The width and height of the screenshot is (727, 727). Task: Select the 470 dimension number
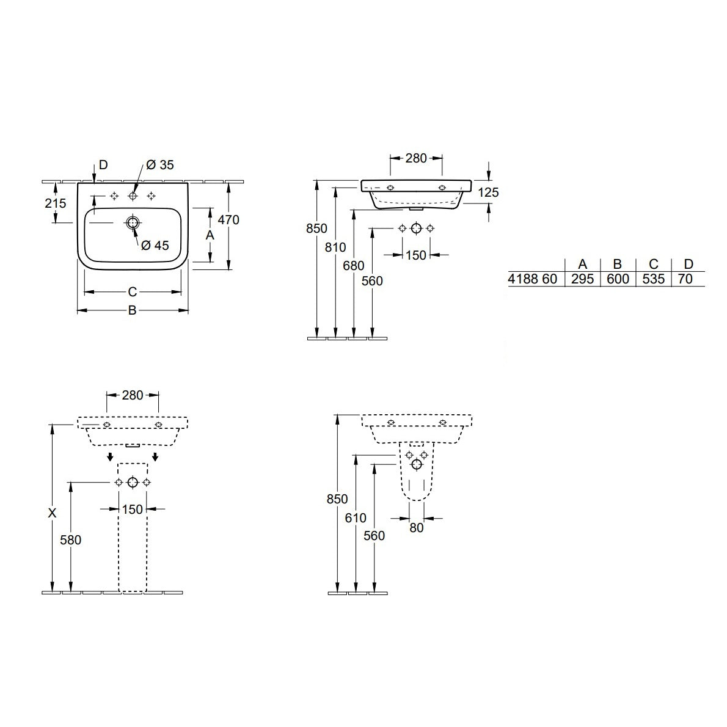(228, 219)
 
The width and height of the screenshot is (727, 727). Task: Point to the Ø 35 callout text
(159, 165)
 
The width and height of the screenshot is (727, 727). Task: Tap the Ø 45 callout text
(155, 245)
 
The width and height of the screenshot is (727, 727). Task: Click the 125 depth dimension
(488, 192)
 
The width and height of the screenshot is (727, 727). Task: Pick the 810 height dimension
(335, 247)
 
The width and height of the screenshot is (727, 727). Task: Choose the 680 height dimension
(354, 265)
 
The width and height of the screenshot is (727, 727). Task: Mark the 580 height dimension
(71, 539)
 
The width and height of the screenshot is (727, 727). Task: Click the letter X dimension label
(53, 513)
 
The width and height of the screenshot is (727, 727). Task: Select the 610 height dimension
(356, 518)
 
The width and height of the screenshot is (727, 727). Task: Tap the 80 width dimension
(416, 527)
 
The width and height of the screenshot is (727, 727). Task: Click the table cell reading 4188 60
(533, 279)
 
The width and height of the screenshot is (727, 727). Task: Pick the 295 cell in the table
(582, 279)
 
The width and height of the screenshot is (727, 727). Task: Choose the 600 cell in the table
(617, 279)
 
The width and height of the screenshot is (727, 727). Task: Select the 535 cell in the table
(653, 279)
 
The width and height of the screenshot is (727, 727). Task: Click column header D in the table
(689, 264)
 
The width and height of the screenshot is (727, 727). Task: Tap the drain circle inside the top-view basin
(132, 222)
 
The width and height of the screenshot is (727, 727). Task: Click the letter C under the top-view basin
(132, 292)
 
